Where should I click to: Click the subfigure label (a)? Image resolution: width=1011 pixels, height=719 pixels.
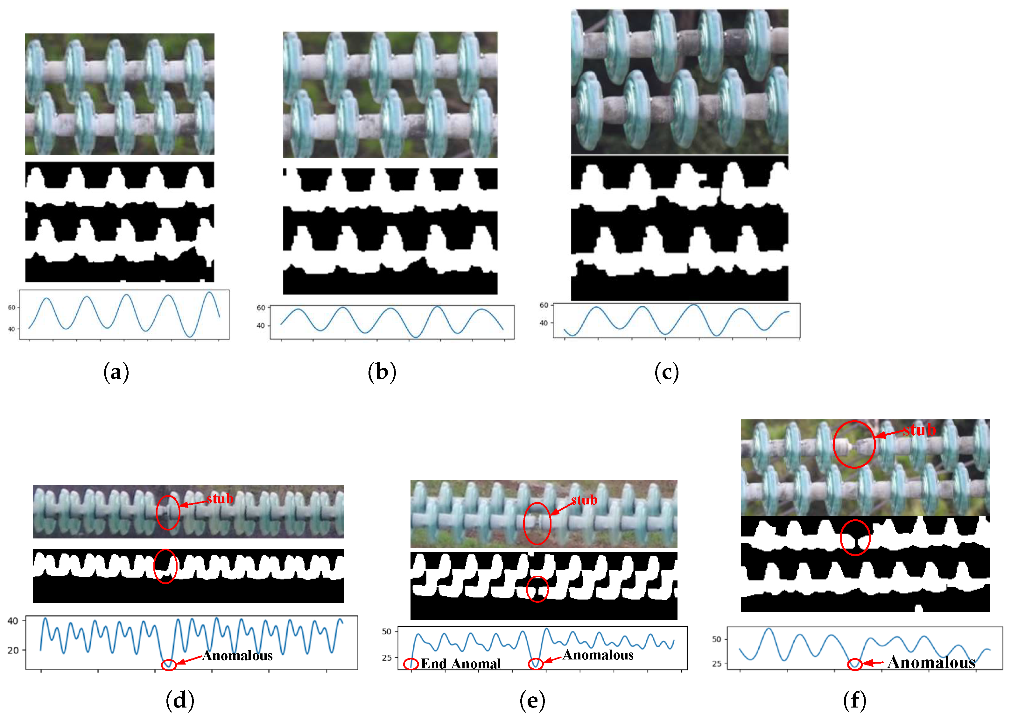point(116,372)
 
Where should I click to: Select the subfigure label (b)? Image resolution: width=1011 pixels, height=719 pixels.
point(382,372)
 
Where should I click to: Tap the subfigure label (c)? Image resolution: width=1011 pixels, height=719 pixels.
point(666,372)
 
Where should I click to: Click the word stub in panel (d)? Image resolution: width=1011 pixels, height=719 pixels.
point(220,499)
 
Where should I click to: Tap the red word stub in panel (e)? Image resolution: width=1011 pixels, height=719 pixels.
point(584,500)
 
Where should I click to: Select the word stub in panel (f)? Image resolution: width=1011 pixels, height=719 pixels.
point(919,430)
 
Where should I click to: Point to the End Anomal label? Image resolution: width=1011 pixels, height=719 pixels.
point(460,663)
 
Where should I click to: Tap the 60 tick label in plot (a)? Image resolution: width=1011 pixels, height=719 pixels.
point(11,307)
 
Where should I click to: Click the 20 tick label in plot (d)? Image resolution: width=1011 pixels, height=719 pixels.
point(13,650)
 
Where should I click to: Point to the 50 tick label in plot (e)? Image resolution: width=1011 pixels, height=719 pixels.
point(387,631)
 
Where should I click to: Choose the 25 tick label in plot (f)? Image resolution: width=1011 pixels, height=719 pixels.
point(716,664)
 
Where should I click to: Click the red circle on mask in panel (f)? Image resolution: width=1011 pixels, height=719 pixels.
point(855,538)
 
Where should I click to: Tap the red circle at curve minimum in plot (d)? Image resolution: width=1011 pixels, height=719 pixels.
point(169,665)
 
